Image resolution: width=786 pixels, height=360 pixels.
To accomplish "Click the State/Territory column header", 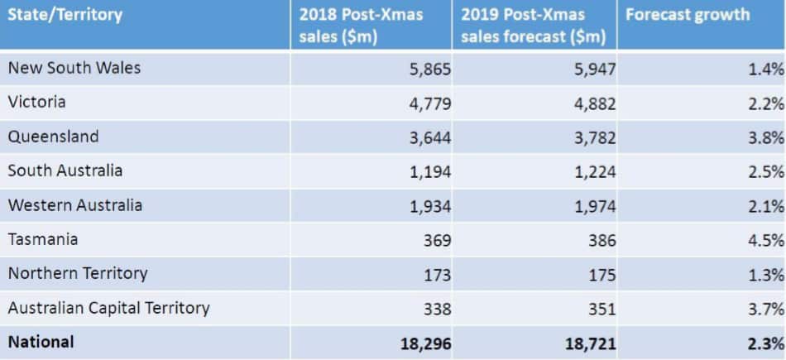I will point(65,15).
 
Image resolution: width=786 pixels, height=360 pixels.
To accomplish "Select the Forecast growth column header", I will point(688,15).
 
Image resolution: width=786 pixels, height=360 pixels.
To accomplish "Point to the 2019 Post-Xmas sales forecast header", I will point(534,26).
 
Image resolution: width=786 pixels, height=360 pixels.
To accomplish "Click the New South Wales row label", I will point(74,68).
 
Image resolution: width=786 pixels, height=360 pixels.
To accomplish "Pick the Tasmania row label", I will point(43,239).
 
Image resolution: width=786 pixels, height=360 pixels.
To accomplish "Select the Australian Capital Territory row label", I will point(108,308).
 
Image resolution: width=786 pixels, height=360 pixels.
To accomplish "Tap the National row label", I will point(41,341).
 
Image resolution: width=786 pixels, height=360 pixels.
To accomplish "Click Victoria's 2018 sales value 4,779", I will point(429,103).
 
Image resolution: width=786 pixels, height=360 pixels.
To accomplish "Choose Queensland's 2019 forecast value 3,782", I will point(594,138).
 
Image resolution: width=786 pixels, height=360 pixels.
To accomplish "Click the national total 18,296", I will point(424,343).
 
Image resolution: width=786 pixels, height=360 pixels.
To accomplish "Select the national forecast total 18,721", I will point(589,343).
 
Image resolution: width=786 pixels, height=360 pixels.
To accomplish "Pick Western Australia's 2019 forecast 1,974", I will point(594,206).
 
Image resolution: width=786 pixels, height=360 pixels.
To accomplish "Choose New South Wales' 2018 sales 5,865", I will point(429,70).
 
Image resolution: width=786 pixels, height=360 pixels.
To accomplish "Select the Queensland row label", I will point(53,137).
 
